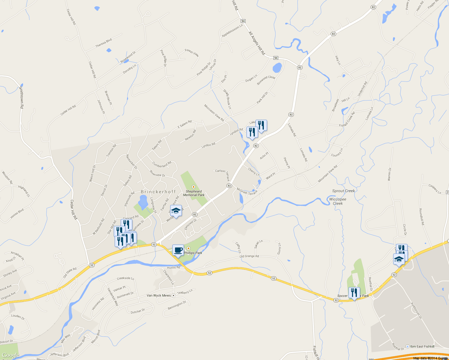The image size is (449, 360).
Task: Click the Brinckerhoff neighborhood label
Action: [158, 192]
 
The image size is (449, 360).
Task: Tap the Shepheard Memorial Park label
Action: [194, 193]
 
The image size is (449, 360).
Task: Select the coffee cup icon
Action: [178, 250]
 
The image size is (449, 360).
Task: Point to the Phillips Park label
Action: [193, 253]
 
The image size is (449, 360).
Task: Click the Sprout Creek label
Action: [343, 191]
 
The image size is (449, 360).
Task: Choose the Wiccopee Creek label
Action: [338, 201]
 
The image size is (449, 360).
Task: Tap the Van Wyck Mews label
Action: [158, 295]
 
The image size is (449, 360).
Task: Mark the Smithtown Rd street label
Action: [21, 97]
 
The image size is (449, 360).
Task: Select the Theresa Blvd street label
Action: [104, 43]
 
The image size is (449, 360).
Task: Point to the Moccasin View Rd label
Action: [214, 113]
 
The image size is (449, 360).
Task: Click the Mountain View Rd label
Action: [327, 174]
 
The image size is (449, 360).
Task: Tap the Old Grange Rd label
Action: [249, 256]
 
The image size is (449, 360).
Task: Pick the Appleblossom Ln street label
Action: [232, 31]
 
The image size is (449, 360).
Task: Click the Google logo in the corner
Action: [11, 355]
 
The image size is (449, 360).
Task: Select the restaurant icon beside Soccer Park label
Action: [354, 292]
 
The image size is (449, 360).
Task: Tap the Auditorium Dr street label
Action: [416, 310]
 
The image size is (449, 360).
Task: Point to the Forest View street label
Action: [192, 53]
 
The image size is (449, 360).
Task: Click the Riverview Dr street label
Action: [157, 173]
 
